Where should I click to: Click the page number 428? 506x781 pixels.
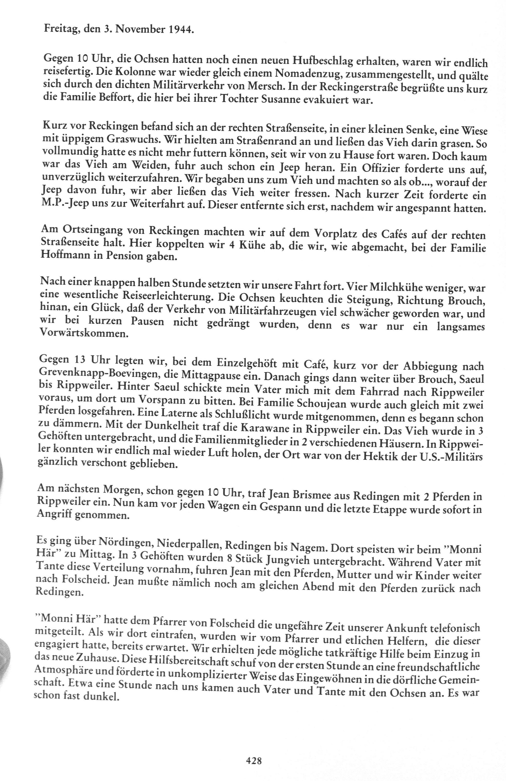254,759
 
